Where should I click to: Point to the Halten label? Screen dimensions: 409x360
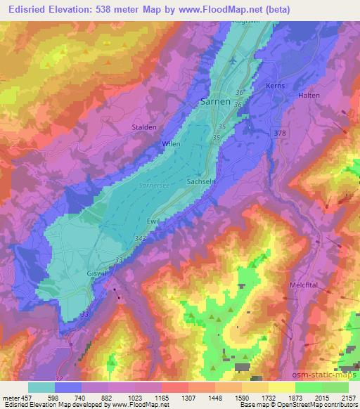309,95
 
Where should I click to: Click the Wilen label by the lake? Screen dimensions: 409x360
171,143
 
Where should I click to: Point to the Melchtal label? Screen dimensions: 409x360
304,285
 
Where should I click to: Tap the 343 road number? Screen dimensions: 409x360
141,240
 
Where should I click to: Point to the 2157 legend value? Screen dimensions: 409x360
348,398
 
